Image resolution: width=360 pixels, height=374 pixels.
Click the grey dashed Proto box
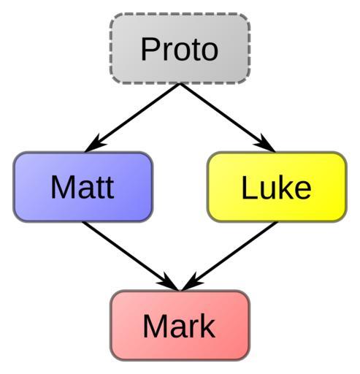(180, 49)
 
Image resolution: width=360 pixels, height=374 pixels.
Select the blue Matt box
(83, 187)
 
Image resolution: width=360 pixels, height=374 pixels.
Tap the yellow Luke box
(277, 187)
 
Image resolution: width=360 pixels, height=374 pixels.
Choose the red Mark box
(180, 325)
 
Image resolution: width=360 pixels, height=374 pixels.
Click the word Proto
(180, 50)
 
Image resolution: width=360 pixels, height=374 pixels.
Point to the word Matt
(83, 187)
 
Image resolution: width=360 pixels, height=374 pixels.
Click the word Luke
(276, 187)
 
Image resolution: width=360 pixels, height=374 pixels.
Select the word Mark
(179, 326)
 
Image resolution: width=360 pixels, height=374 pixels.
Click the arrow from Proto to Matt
(133, 118)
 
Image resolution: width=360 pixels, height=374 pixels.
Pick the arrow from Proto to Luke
(227, 118)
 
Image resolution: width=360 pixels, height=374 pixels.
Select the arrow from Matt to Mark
(131, 256)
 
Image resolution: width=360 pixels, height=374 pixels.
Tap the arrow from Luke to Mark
(229, 256)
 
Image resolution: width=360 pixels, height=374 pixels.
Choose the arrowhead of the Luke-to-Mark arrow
(191, 283)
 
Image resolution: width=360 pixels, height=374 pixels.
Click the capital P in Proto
(150, 49)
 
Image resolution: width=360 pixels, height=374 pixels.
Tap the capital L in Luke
(249, 187)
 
